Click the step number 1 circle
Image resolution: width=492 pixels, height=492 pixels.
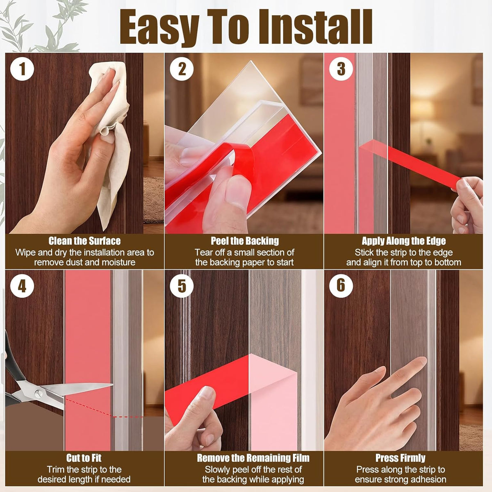pyautogui.click(x=22, y=69)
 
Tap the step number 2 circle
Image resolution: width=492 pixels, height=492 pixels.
pyautogui.click(x=182, y=69)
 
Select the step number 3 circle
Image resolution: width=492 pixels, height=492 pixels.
pyautogui.click(x=341, y=69)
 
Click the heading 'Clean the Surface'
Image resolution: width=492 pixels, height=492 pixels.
pyautogui.click(x=84, y=241)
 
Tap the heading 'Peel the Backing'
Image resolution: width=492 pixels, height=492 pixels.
pyautogui.click(x=245, y=241)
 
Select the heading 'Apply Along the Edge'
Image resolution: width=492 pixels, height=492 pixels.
pyautogui.click(x=404, y=241)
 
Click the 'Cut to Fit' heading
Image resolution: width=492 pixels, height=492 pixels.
pyautogui.click(x=84, y=458)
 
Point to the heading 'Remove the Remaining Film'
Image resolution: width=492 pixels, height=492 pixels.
pyautogui.click(x=253, y=458)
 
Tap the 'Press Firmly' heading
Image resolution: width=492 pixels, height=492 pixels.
pyautogui.click(x=400, y=458)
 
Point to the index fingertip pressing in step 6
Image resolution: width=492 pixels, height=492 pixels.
pyautogui.click(x=421, y=360)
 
